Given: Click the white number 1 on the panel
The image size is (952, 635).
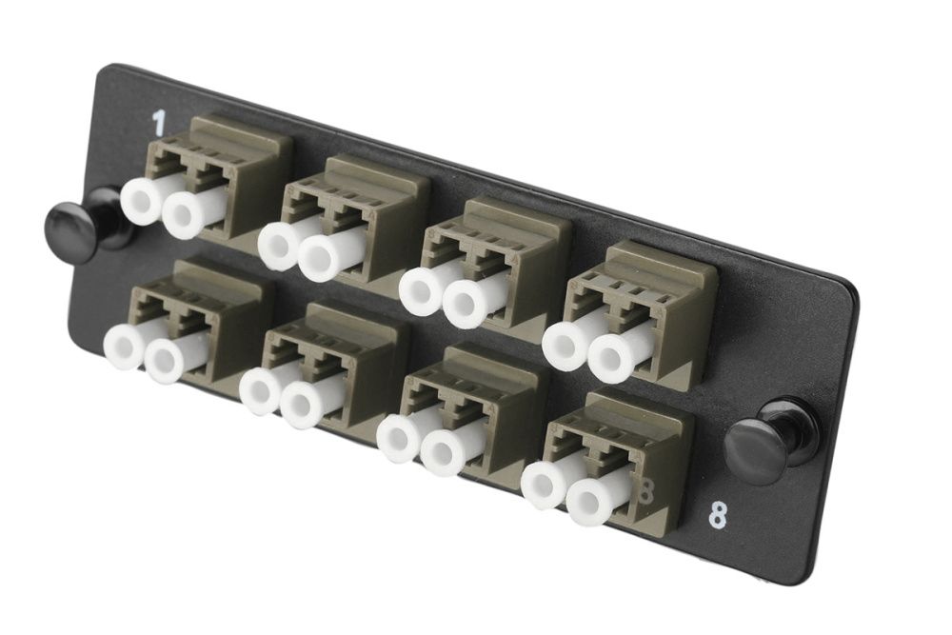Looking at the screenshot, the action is [x=158, y=122].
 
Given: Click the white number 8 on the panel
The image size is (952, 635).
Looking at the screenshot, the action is [x=718, y=516].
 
